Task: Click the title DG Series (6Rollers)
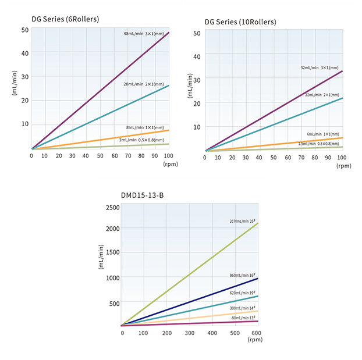click(65, 19)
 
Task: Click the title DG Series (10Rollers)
click(240, 22)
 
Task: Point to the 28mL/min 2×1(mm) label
click(143, 85)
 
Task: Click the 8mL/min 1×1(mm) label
click(145, 127)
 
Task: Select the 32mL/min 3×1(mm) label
click(320, 68)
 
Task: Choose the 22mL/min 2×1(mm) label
click(322, 95)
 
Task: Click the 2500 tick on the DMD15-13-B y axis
click(112, 208)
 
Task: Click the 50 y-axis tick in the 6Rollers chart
click(25, 30)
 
